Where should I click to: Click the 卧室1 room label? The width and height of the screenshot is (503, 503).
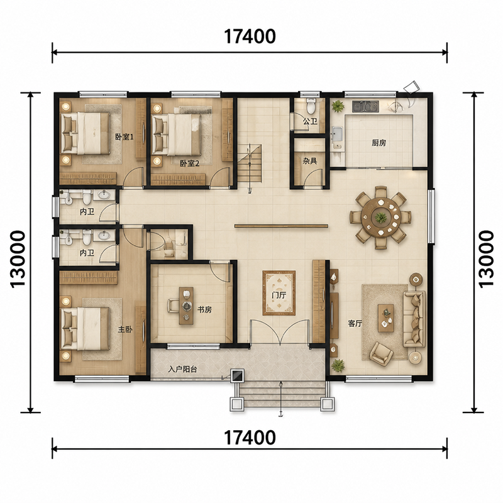pos(124,137)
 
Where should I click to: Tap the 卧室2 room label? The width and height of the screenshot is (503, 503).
pos(190,163)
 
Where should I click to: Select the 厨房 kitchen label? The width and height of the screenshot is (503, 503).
pos(379,143)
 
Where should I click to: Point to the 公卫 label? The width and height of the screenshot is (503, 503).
pos(310,121)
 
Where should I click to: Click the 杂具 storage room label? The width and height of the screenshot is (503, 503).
pos(309,161)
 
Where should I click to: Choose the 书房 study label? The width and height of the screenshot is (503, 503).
pos(204,310)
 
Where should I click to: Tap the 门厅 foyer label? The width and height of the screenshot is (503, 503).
pos(279,295)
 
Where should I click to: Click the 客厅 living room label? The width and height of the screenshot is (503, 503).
pos(355,323)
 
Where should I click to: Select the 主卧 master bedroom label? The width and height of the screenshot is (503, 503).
pos(124,329)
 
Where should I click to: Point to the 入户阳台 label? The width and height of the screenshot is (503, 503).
pos(182,369)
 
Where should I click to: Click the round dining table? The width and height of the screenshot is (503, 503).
pos(380,218)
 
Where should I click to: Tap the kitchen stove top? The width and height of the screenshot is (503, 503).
pos(365,106)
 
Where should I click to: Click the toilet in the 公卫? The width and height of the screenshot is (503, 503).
pos(311,106)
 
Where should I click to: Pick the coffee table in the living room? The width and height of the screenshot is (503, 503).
pos(386,318)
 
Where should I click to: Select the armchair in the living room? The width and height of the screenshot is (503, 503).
pos(381,353)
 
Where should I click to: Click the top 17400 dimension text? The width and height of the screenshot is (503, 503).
pos(250,36)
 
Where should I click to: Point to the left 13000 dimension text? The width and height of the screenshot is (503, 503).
pos(18,259)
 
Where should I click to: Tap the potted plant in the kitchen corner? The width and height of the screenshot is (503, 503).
pos(338,106)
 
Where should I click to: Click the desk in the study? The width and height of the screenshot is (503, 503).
pos(186,306)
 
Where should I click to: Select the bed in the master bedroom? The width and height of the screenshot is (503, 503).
pos(86,329)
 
